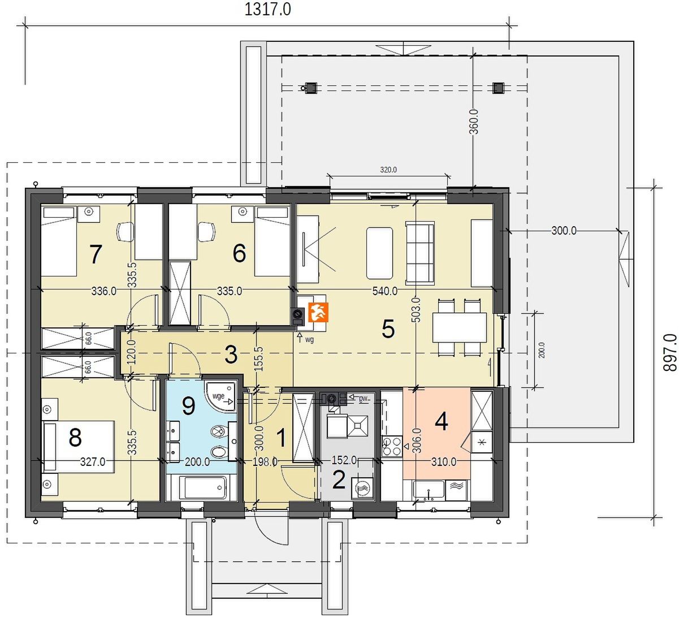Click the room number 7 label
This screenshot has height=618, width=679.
pos(95,254)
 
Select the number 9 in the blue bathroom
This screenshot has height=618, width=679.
pos(188,405)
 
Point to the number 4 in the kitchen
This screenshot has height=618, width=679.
pos(442,422)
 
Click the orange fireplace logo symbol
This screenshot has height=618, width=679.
pos(318,312)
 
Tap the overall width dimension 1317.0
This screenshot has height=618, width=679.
pos(267,9)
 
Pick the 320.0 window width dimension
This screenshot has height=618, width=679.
pos(388,170)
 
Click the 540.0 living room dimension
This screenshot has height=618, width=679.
pos(385,291)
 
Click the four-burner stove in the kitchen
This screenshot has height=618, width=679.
pos(392,446)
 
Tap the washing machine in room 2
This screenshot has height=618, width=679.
pos(362,487)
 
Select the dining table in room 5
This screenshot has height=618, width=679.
pos(459,327)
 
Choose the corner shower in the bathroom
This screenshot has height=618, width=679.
pos(221,396)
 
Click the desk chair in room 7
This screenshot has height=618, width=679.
pos(126,232)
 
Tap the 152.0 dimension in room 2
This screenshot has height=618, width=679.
pos(344,460)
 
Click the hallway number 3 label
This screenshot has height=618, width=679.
pos(231,355)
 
